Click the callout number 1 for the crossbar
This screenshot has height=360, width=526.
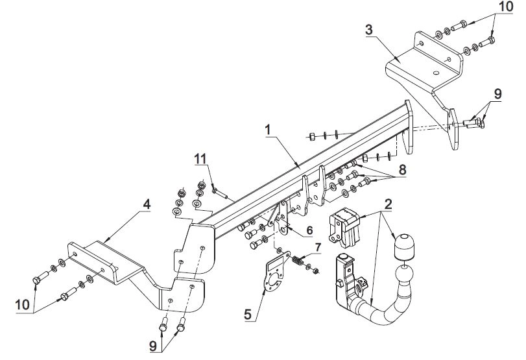268,130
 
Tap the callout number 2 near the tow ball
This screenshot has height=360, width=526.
388,204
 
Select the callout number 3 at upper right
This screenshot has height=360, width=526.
369,30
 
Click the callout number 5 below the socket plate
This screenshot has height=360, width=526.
248,315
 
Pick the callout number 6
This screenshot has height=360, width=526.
309,230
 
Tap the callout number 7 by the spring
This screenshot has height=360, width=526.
318,248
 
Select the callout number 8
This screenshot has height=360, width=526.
402,170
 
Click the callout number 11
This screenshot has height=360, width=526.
201,158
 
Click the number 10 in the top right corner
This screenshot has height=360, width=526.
506,6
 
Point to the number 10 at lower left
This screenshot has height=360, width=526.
23,305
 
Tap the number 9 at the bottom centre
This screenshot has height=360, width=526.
153,346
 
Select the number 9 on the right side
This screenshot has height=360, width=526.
498,93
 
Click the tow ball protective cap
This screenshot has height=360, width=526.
403,246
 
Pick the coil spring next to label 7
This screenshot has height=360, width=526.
297,260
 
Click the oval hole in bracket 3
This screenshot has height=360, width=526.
436,73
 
